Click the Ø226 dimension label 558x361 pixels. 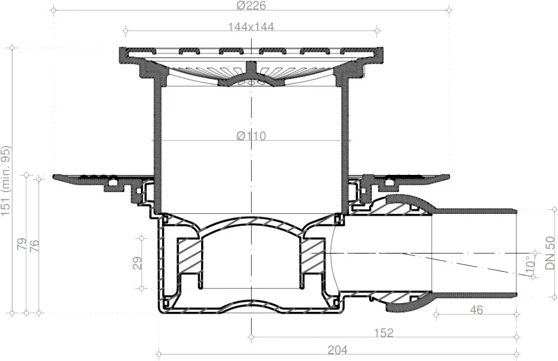(251, 5)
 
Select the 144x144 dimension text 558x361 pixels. (251, 27)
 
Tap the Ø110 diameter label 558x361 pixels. (251, 136)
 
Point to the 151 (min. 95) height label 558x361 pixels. (6, 181)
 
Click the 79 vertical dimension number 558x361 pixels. (22, 244)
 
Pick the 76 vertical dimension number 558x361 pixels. (34, 246)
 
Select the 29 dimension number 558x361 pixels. (137, 263)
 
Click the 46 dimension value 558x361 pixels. (476, 310)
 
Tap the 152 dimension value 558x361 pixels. (384, 333)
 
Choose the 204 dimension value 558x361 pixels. (337, 350)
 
